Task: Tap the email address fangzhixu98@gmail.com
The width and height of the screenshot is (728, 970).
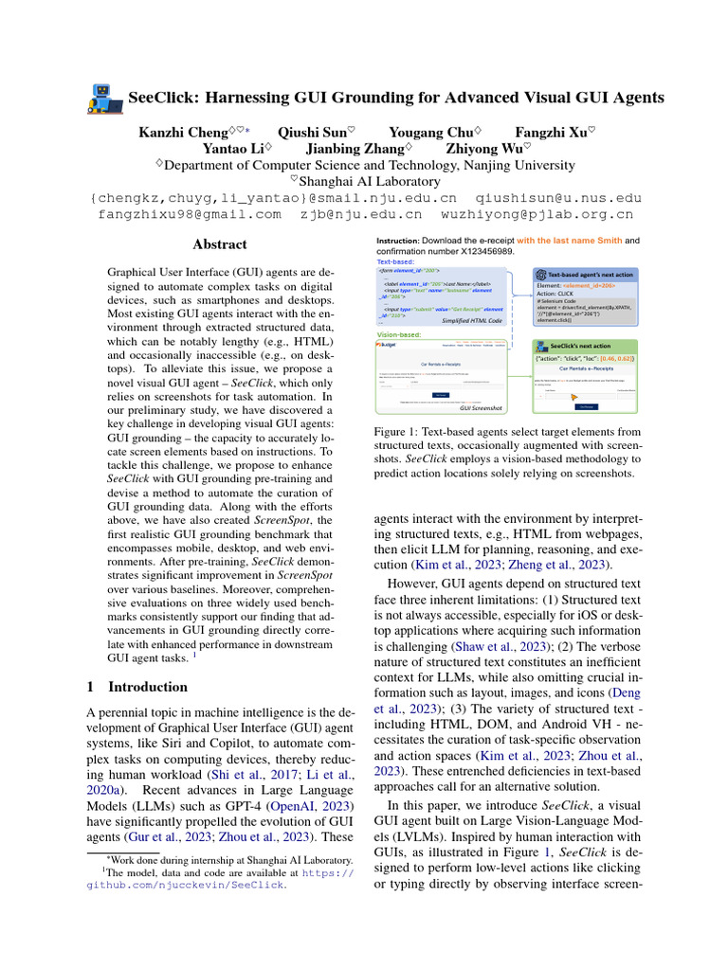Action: (x=190, y=215)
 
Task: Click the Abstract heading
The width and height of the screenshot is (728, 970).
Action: (x=220, y=244)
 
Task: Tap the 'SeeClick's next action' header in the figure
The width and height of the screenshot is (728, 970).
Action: (x=580, y=347)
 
